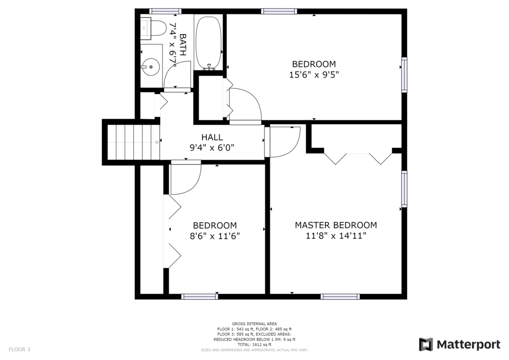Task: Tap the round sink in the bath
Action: [151, 67]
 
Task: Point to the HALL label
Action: [212, 137]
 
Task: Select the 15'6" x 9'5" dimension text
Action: [314, 75]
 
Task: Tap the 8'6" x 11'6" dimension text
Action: [215, 236]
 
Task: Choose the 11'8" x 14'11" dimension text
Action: [336, 235]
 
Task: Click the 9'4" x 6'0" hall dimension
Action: [212, 148]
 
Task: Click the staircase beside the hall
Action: [134, 143]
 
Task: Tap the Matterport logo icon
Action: [425, 345]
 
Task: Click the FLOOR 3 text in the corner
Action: [19, 349]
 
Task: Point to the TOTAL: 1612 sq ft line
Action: [254, 345]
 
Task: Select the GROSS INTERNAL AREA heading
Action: [254, 324]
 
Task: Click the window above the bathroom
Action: [166, 11]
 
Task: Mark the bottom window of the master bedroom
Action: [340, 297]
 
